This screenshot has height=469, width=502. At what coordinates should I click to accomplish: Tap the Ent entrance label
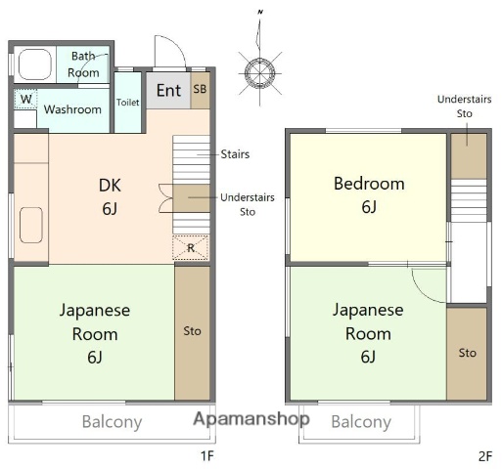[168, 91]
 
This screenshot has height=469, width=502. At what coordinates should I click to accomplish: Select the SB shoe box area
[200, 89]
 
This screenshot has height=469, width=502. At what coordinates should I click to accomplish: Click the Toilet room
[127, 103]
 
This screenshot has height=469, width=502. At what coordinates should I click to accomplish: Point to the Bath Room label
[83, 64]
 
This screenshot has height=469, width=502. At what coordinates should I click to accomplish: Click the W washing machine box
[25, 99]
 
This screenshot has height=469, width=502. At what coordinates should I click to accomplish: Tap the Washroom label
[72, 109]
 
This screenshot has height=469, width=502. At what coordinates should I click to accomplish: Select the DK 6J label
[110, 194]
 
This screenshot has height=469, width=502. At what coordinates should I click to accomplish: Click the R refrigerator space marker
[190, 248]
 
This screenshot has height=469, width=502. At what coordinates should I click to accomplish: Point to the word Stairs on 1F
[235, 153]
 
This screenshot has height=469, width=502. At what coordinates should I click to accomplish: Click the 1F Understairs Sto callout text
[248, 203]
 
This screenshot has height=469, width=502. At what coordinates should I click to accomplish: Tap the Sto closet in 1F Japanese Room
[192, 331]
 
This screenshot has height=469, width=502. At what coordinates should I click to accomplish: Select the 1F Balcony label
[111, 423]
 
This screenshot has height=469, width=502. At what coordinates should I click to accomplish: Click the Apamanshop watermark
[251, 419]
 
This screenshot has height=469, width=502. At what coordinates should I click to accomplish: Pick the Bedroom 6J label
[368, 194]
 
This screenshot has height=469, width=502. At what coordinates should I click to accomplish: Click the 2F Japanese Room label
[368, 332]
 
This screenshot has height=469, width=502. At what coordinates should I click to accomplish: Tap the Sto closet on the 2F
[467, 353]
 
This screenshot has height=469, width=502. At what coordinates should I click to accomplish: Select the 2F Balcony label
[360, 423]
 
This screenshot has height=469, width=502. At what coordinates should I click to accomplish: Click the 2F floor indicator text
[484, 455]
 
